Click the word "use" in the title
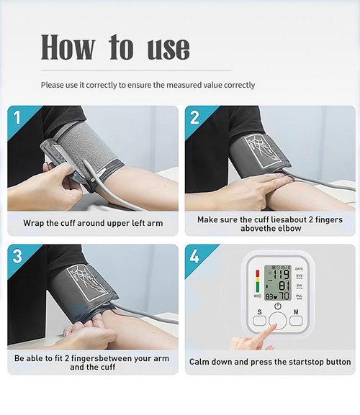[168, 48]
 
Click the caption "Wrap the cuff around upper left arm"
[93, 223]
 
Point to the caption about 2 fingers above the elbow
[270, 224]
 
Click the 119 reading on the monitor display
[280, 274]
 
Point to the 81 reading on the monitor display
[283, 285]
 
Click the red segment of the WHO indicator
[257, 273]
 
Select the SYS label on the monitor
[299, 275]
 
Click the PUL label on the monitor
[299, 296]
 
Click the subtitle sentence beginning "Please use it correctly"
[148, 85]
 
